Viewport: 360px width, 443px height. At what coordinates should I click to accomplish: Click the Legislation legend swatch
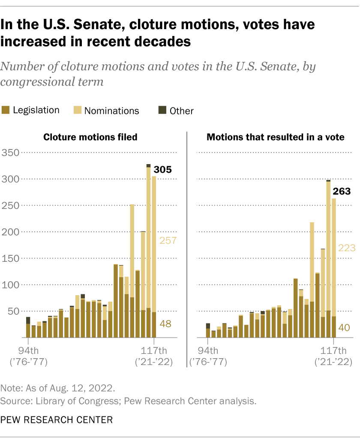tap(6, 111)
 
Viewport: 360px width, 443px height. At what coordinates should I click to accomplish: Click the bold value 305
tap(163, 170)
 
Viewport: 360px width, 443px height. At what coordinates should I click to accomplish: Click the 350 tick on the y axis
tap(10, 152)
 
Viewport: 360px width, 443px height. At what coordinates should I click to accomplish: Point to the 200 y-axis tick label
tap(10, 232)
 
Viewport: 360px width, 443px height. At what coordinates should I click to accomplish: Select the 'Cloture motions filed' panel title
tap(90, 137)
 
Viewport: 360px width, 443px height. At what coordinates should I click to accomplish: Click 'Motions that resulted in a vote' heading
tap(276, 137)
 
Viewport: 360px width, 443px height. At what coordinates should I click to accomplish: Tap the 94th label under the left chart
tap(28, 349)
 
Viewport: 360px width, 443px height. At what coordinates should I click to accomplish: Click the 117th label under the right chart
tap(333, 349)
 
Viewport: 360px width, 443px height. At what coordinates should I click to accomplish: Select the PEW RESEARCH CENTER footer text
tap(57, 420)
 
